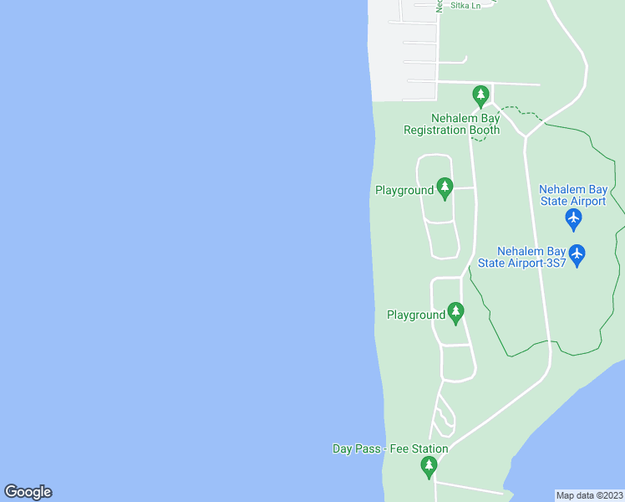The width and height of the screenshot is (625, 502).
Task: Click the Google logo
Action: pos(28,492)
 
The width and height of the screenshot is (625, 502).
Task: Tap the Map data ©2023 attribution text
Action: pos(589,495)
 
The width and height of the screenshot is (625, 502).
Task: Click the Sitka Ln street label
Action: pos(465,5)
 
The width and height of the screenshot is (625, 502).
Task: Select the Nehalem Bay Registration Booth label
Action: pos(451,124)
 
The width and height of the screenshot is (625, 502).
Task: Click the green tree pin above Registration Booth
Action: pos(480,95)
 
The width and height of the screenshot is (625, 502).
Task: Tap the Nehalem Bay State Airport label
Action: pos(572,195)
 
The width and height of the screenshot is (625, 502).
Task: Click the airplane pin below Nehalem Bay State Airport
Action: pos(573,219)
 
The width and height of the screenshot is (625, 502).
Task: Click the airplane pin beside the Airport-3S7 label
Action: pos(577,254)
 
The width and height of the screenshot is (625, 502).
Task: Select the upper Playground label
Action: pos(404,191)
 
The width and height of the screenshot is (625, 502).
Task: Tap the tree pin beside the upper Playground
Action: pos(445,187)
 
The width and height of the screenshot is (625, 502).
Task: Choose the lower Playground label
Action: pos(415,315)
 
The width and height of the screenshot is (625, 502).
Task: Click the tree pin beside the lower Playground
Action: pos(455,312)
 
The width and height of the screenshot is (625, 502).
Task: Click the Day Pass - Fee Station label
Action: pos(390,449)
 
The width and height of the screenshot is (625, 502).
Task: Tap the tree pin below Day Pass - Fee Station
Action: pos(429,467)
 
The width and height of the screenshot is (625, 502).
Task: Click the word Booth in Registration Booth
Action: pos(483,130)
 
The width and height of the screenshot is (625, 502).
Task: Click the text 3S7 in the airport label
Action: pos(556,263)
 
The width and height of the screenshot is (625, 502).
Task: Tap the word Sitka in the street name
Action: pos(459,5)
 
